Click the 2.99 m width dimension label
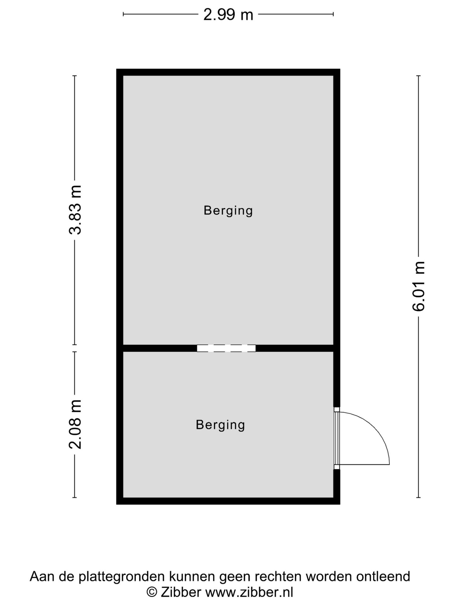(228, 14)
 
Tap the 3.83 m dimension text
(75, 210)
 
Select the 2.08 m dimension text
(75, 424)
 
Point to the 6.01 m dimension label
(419, 286)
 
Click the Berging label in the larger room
(228, 210)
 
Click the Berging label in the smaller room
(220, 425)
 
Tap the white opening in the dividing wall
(226, 348)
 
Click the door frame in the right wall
(337, 438)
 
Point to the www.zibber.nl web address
(249, 592)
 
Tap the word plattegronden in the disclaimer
(122, 577)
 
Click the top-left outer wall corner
(119, 72)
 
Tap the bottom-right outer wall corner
(337, 501)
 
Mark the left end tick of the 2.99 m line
(123, 14)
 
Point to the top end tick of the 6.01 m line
(419, 76)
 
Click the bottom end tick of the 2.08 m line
(75, 498)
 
